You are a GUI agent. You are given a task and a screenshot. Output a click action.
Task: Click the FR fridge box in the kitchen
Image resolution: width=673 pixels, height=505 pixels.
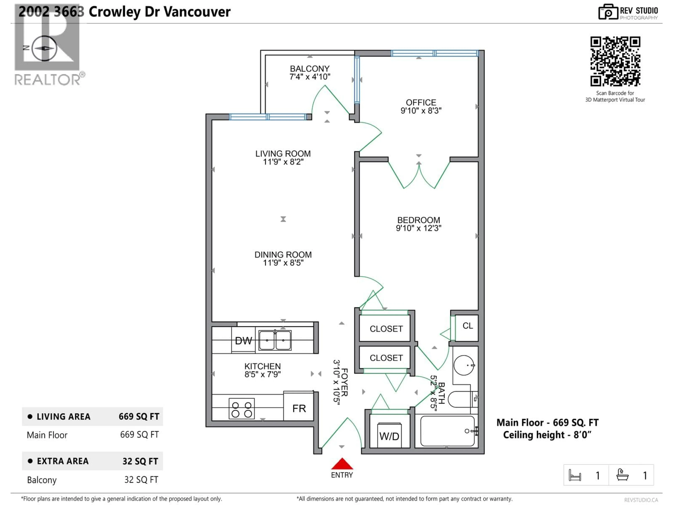[x=299, y=408]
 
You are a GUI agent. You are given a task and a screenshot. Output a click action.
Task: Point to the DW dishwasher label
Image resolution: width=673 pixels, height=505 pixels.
[x=243, y=341]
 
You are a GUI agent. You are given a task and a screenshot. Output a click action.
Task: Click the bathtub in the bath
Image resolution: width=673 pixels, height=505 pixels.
[x=447, y=431]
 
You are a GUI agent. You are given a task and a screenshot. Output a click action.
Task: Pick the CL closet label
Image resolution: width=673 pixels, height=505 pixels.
[x=468, y=326]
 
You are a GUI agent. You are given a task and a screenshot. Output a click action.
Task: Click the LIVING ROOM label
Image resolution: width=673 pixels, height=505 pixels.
[x=283, y=154]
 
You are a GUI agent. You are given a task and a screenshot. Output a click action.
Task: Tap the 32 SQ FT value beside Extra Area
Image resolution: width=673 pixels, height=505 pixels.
[x=140, y=461]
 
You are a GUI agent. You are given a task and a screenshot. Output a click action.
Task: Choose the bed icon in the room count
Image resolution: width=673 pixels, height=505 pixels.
[x=575, y=475]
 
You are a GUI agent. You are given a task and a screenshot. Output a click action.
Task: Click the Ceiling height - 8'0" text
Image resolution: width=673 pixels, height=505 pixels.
[x=547, y=435]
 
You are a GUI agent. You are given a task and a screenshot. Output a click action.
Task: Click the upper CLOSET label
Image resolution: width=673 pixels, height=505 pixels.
[x=386, y=329]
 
